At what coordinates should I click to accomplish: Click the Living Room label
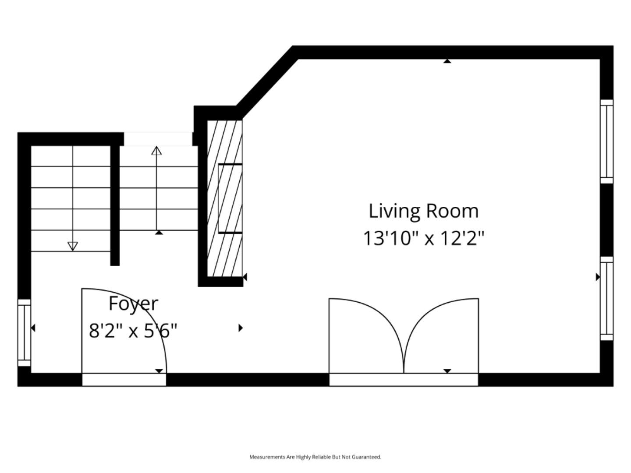[423, 211]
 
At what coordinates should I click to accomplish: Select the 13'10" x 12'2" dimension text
[424, 239]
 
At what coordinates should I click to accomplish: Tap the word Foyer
[133, 304]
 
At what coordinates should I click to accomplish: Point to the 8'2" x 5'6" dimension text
[133, 331]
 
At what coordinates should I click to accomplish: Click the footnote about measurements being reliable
[315, 457]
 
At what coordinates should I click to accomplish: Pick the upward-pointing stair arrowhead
[156, 151]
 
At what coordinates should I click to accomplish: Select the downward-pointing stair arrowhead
[73, 246]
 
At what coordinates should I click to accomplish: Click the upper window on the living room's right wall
[606, 141]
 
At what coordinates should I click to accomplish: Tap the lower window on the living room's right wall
[606, 299]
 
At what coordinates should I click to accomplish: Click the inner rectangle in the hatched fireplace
[230, 198]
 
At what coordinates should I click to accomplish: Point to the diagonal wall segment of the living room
[266, 81]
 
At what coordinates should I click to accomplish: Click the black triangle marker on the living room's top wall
[447, 61]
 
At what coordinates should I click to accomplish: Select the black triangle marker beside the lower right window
[598, 277]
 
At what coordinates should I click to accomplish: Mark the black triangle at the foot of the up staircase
[159, 233]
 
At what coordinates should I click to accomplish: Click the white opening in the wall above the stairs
[158, 139]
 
